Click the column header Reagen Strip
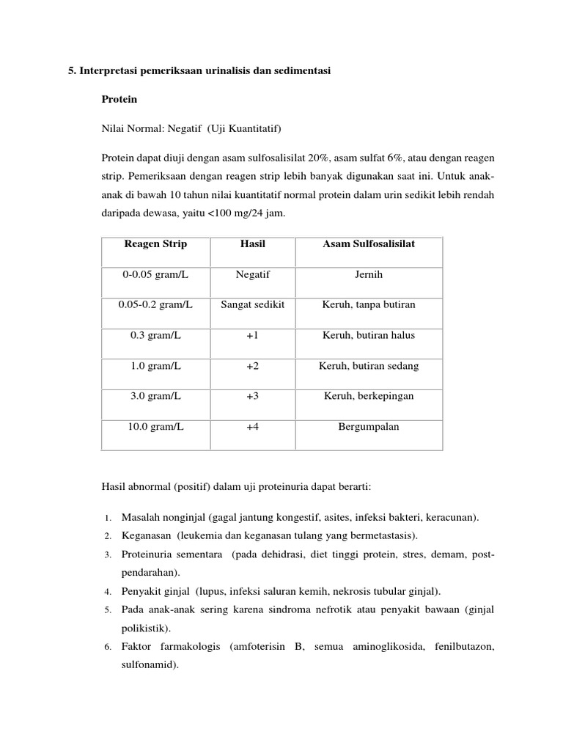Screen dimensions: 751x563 pyautogui.click(x=155, y=243)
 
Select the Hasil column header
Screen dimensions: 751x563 pyautogui.click(x=253, y=243)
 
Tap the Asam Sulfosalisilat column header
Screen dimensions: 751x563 pyautogui.click(x=369, y=243)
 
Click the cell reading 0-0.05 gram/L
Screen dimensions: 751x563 pyautogui.click(x=155, y=274)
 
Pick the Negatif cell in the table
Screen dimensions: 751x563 pyautogui.click(x=253, y=274)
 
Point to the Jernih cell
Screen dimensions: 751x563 pyautogui.click(x=369, y=274)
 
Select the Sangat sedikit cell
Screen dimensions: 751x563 pyautogui.click(x=253, y=305)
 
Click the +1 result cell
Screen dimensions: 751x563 pyautogui.click(x=253, y=335)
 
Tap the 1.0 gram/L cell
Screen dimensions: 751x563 pyautogui.click(x=155, y=366)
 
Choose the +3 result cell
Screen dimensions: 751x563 pyautogui.click(x=253, y=396)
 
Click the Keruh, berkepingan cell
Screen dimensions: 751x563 pyautogui.click(x=369, y=396)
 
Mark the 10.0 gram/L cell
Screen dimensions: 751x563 pyautogui.click(x=155, y=427)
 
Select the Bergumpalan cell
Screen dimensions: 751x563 pyautogui.click(x=369, y=427)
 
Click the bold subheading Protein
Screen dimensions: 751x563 pyautogui.click(x=119, y=98)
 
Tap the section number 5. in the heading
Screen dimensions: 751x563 pyautogui.click(x=72, y=70)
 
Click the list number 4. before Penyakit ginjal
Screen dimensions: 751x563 pyautogui.click(x=106, y=591)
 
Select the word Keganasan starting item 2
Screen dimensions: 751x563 pyautogui.click(x=146, y=535)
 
